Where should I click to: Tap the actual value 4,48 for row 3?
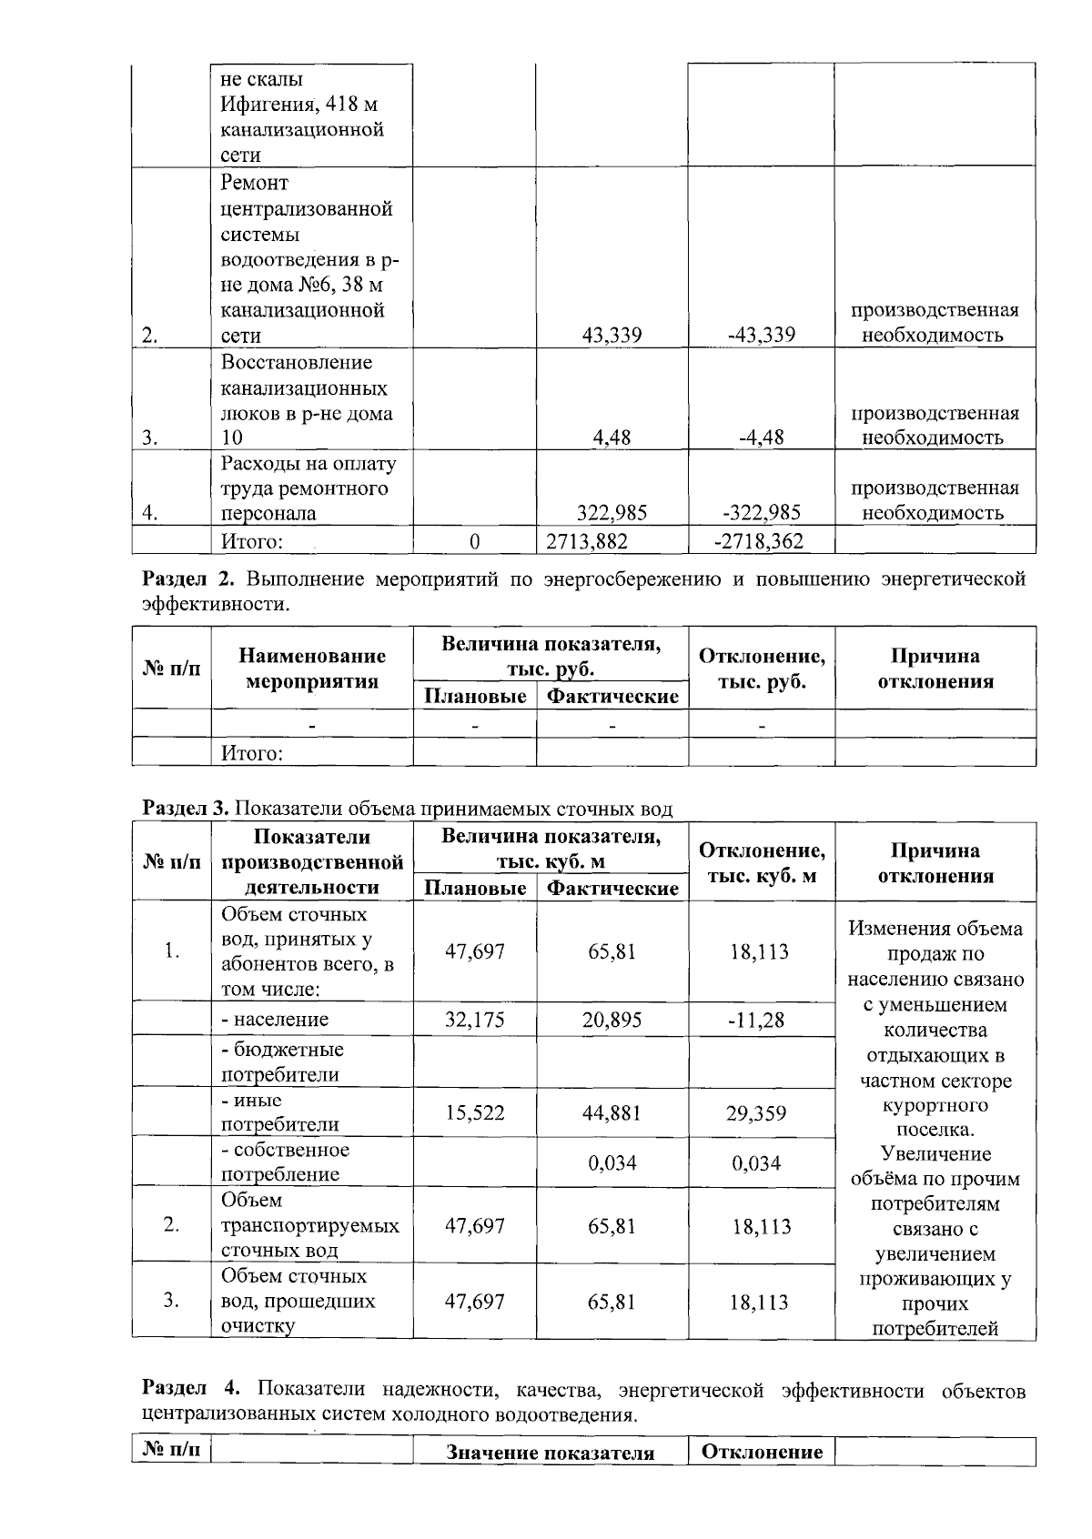pos(612,438)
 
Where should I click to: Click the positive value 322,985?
pos(612,513)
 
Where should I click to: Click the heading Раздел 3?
pos(187,809)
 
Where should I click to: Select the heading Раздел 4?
pos(191,1390)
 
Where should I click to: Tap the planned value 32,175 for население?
pos(474,1020)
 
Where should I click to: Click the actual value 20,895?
pos(612,1020)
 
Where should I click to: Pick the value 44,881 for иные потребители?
pos(612,1113)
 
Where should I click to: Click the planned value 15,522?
pos(474,1113)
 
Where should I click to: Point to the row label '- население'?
pos(275,1020)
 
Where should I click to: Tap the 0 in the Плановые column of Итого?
pos(474,542)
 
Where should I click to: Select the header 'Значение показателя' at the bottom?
pos(550,1453)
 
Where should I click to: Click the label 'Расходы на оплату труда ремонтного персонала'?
pos(308,488)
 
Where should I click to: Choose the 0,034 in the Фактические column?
pos(612,1163)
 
